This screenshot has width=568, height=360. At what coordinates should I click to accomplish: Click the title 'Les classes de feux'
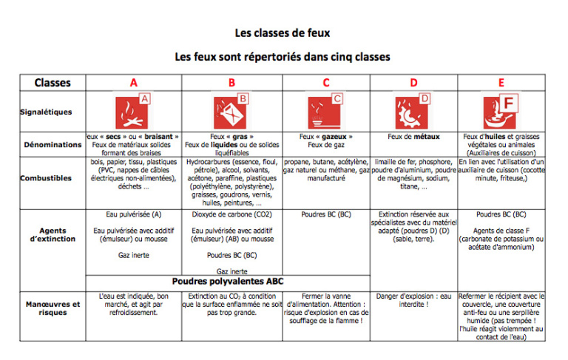(283, 33)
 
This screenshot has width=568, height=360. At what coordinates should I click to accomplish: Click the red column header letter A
(134, 83)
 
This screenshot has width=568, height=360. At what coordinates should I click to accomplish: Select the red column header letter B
(231, 83)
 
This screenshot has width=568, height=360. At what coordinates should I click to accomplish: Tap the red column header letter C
(326, 83)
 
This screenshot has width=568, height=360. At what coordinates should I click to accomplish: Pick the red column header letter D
(413, 83)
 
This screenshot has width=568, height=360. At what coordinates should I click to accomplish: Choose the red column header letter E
(501, 83)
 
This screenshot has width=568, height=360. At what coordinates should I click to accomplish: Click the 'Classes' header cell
(53, 83)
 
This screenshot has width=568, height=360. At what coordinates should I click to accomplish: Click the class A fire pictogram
(133, 112)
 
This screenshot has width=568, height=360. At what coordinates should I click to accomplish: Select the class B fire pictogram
(231, 112)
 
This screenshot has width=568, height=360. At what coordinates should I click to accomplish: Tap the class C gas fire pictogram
(325, 112)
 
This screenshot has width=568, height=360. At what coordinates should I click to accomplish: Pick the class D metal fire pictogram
(413, 112)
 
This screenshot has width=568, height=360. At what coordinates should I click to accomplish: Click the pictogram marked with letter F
(501, 112)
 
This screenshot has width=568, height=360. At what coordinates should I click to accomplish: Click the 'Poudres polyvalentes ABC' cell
(228, 282)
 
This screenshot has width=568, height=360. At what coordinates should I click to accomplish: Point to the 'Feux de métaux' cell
(413, 137)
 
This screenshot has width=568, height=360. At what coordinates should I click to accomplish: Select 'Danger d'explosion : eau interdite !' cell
(413, 300)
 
